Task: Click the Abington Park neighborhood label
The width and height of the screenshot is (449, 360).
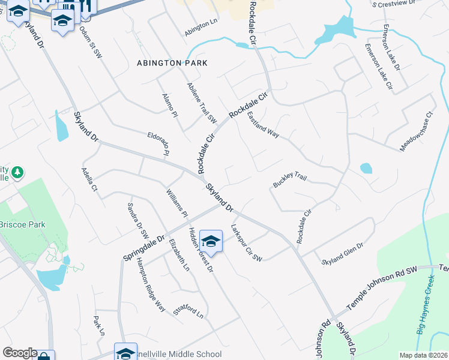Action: point(172,63)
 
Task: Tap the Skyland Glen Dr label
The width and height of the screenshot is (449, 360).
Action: point(343,254)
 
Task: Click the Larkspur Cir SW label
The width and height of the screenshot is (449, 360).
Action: point(246,243)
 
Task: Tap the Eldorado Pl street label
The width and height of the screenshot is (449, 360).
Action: point(157,145)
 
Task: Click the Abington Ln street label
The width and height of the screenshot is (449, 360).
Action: point(201,28)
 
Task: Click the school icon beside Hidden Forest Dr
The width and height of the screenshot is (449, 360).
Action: point(211,241)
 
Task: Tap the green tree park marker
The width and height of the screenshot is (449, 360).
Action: point(18,173)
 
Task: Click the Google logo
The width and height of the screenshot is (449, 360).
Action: point(20,353)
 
